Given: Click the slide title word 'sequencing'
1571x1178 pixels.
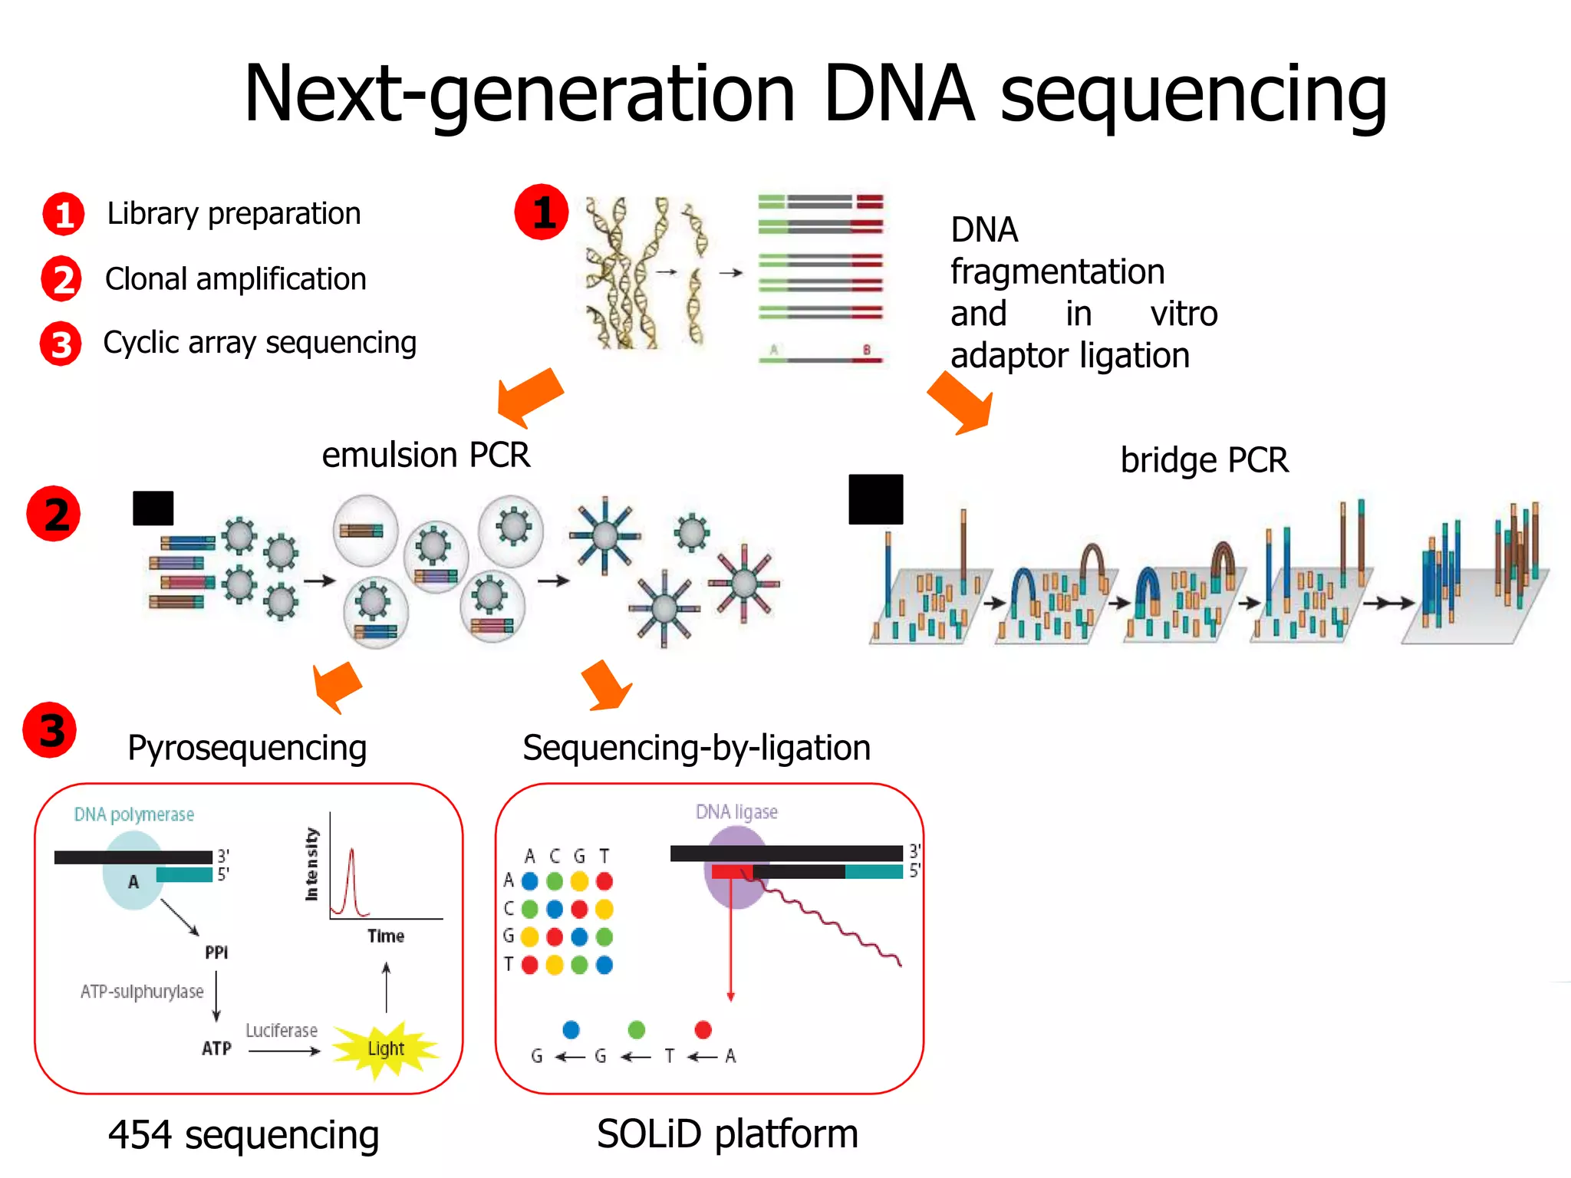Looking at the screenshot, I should [1193, 96].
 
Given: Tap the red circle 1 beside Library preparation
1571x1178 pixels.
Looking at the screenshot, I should [64, 214].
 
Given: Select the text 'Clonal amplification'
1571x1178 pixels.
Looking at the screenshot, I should [235, 279].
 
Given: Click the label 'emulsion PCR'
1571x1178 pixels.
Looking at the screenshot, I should [426, 456].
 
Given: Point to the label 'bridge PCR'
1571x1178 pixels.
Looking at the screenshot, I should [1204, 460].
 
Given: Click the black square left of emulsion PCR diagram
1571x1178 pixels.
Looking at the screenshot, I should [153, 508].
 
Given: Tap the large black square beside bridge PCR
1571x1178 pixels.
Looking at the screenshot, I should [875, 499].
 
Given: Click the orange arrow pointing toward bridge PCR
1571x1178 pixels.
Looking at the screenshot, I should [962, 403].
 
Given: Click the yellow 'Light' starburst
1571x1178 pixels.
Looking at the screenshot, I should [386, 1049].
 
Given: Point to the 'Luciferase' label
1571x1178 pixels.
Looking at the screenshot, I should [281, 1031].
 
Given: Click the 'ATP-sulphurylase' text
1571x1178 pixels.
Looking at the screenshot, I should [142, 992].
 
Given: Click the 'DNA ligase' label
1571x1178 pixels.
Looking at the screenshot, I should [736, 812].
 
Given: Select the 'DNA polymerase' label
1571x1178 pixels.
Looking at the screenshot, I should [134, 814].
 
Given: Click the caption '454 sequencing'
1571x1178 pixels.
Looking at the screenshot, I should [243, 1135].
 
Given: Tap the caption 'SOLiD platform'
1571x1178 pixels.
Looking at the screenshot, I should [727, 1134].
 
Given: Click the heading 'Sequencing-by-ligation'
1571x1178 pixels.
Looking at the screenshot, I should [697, 748].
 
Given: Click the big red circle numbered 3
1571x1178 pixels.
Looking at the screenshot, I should [50, 730].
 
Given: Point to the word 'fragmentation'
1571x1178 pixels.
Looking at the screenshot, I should [1057, 272].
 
